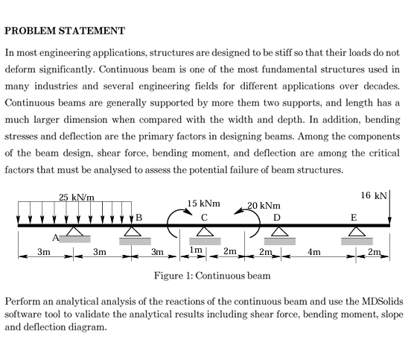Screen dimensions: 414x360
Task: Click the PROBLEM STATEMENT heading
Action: click(64, 31)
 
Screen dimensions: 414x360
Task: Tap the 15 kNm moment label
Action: click(204, 203)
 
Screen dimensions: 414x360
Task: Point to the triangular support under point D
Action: click(278, 233)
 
